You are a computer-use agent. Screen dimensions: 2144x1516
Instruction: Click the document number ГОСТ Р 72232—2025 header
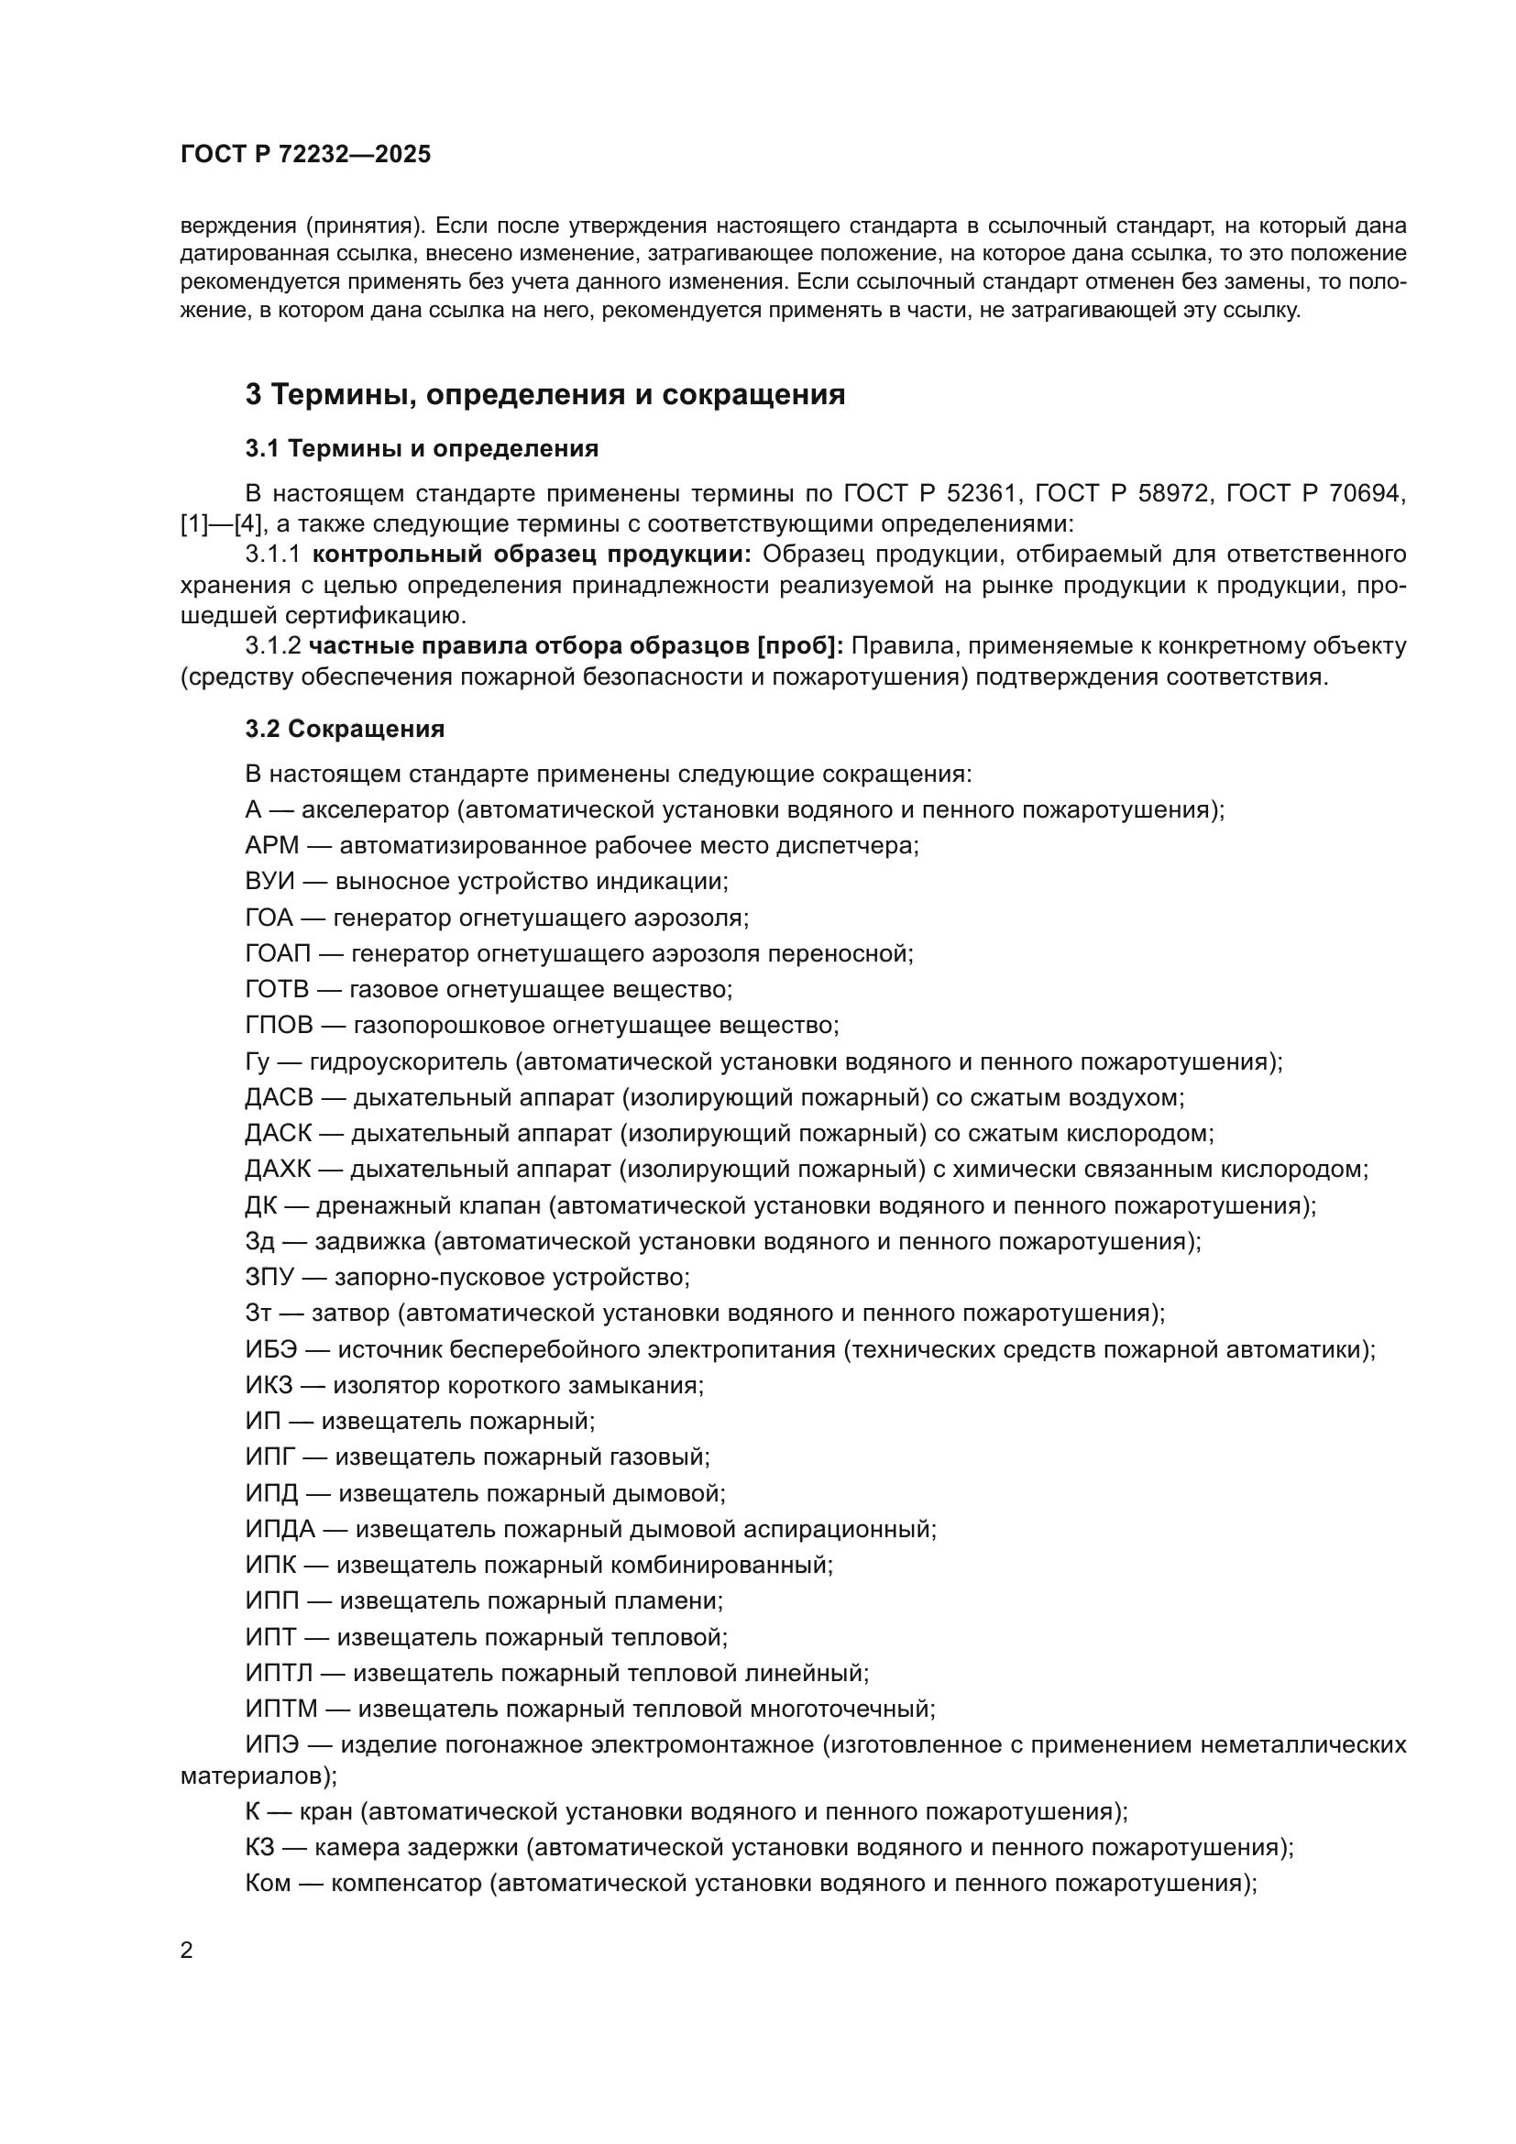point(305,155)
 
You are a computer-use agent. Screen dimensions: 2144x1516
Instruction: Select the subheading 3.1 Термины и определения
point(421,449)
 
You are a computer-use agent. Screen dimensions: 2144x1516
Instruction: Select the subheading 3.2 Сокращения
point(345,730)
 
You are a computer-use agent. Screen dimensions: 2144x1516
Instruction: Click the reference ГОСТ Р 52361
point(928,493)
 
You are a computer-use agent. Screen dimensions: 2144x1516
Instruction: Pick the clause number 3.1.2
point(272,646)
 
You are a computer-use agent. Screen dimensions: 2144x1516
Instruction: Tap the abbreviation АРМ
point(271,846)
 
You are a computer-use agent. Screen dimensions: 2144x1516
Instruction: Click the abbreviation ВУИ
point(269,882)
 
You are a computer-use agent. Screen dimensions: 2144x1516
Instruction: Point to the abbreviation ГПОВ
point(280,1026)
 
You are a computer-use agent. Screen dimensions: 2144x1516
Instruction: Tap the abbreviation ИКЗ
point(269,1385)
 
